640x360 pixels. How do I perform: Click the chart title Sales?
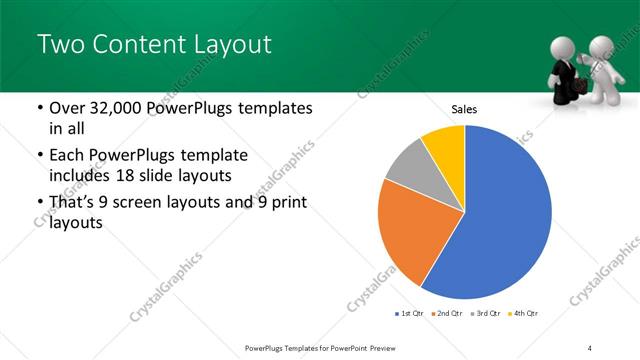(x=464, y=109)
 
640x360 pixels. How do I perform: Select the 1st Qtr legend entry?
(x=410, y=315)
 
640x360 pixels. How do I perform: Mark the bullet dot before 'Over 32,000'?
(x=39, y=108)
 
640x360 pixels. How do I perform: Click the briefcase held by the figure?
(x=578, y=87)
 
